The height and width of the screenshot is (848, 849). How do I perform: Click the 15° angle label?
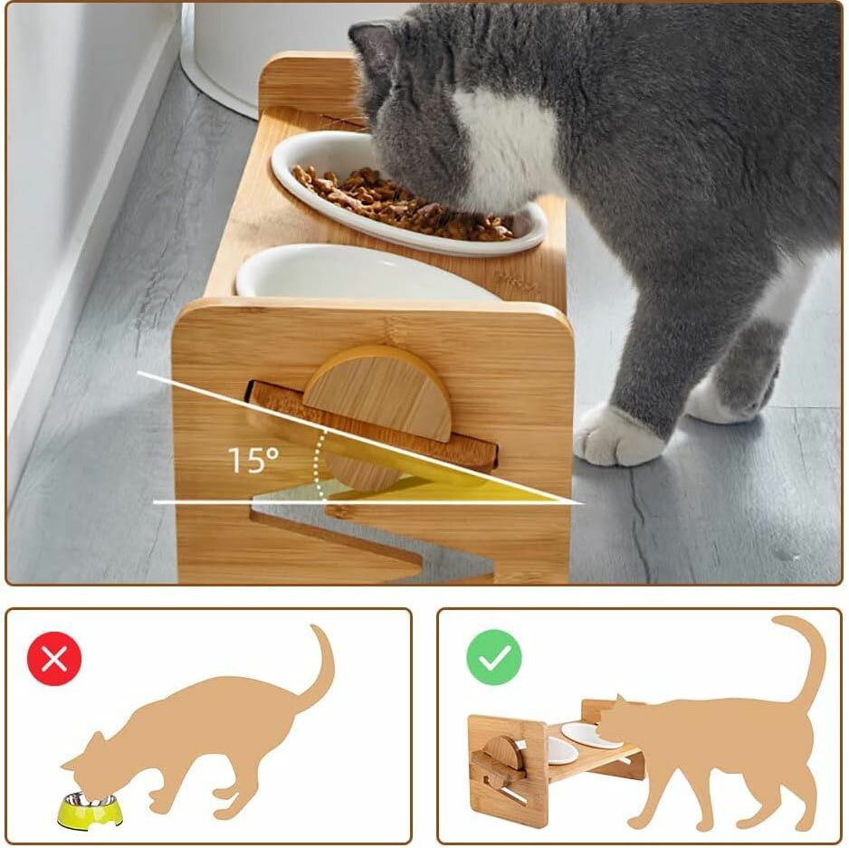[x=253, y=460]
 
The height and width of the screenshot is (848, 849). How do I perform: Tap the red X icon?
[x=54, y=659]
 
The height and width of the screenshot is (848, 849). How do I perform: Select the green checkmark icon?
[x=494, y=657]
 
